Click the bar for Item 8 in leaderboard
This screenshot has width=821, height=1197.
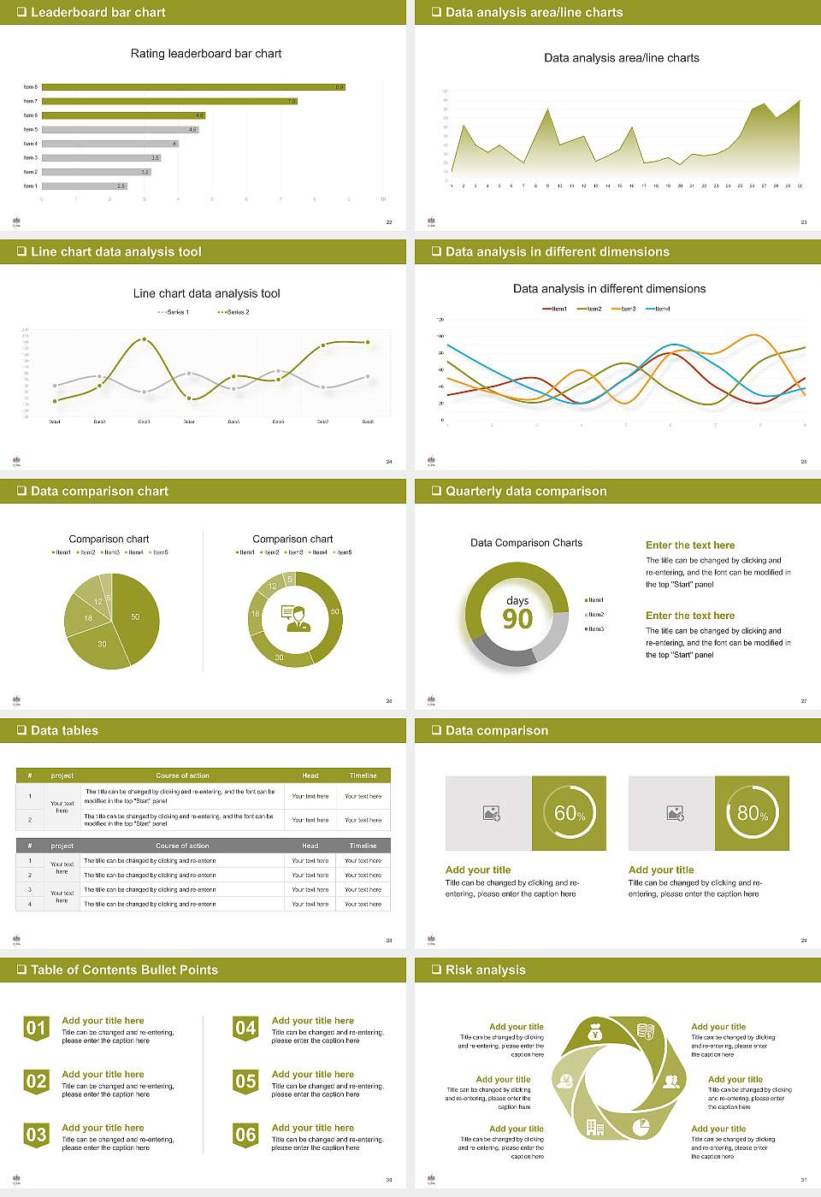point(192,87)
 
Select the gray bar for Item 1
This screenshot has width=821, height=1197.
point(84,186)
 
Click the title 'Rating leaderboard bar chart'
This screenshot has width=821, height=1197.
point(206,54)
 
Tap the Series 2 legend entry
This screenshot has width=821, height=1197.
point(233,312)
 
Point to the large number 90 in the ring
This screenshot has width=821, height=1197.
point(517,619)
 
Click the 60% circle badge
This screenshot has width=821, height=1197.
point(570,813)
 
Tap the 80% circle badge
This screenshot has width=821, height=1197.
point(753,813)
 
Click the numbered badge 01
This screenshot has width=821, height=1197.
point(36,1028)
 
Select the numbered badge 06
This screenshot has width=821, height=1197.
point(245,1135)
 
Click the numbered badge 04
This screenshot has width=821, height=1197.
point(245,1028)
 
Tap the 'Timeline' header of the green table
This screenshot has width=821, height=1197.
point(363,775)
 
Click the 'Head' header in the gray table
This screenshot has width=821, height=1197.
point(310,846)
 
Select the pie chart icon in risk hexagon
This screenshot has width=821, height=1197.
point(641,1127)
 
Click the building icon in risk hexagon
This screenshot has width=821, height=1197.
point(595,1128)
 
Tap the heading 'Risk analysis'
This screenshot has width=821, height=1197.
point(485,970)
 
